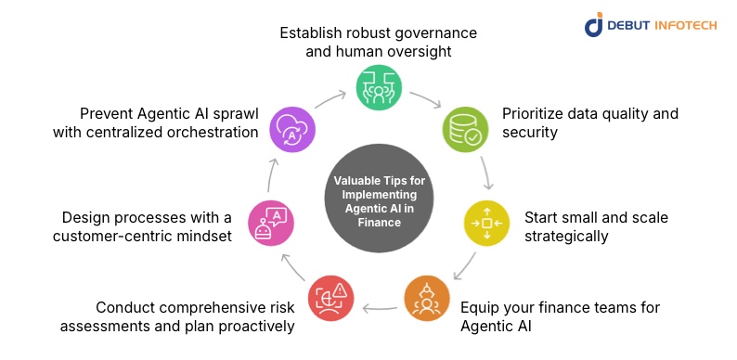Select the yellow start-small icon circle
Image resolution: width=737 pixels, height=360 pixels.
[486, 224]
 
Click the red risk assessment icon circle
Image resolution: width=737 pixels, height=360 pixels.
[330, 299]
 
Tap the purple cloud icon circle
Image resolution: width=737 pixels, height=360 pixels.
[291, 129]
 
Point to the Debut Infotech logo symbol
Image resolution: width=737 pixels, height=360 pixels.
[594, 25]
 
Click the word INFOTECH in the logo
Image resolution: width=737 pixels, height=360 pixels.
[685, 25]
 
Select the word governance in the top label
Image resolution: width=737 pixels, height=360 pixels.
[434, 33]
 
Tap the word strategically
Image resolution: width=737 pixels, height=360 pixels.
[566, 238]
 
